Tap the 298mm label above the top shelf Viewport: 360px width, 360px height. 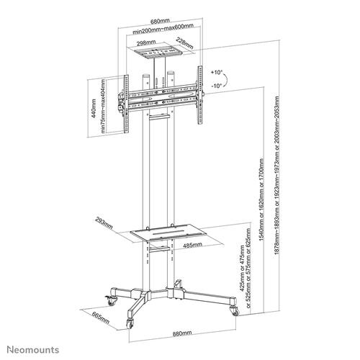tap(143, 43)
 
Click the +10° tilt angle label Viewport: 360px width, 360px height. tap(216, 73)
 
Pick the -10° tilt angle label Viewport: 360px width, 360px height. tap(216, 87)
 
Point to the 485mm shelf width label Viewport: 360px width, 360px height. tap(192, 245)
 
